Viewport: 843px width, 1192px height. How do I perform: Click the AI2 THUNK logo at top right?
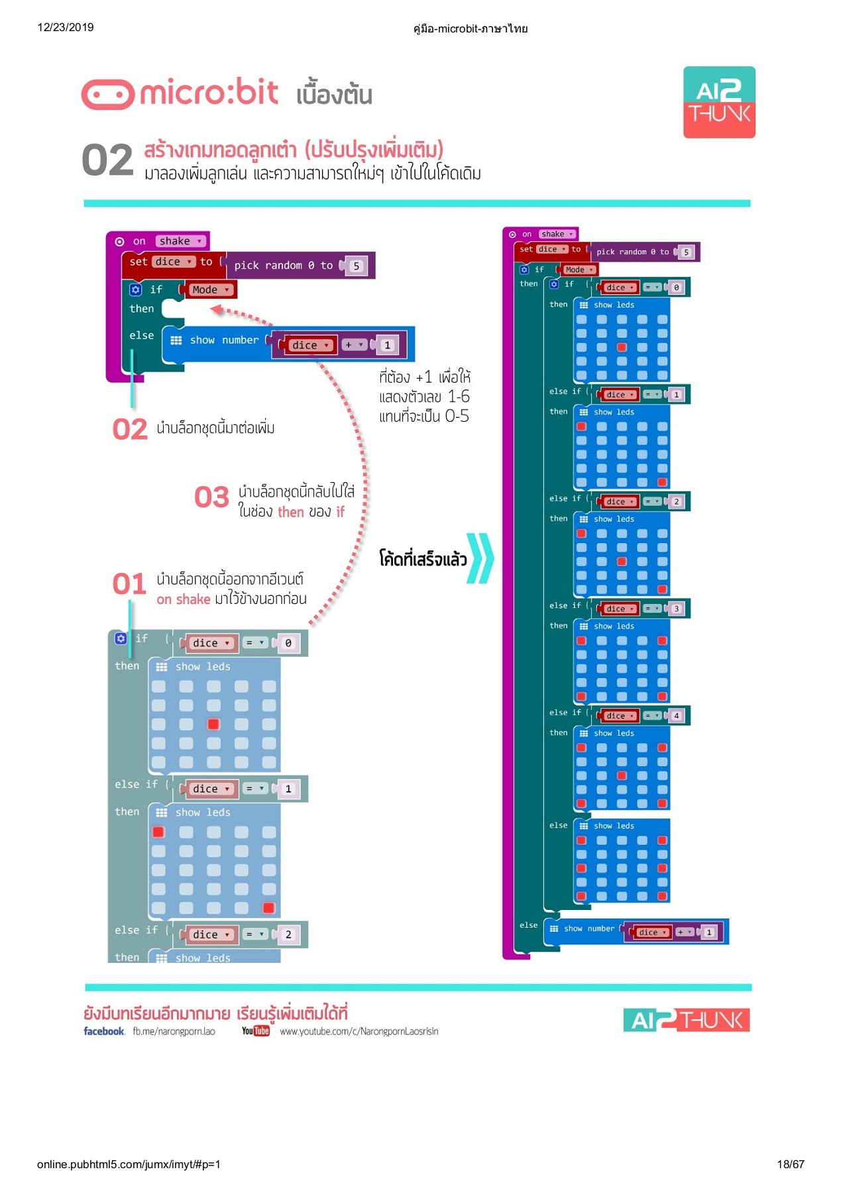[719, 102]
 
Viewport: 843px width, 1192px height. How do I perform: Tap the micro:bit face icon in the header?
[107, 95]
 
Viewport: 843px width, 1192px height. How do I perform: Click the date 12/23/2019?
[66, 27]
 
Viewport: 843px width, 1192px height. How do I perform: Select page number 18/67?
[790, 1164]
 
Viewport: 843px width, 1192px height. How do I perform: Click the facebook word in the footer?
[104, 1031]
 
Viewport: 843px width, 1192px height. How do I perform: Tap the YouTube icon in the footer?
[256, 1031]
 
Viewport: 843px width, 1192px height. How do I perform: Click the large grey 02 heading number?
[107, 161]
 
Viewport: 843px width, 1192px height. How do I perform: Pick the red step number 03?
[211, 497]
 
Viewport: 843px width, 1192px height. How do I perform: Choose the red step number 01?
[129, 584]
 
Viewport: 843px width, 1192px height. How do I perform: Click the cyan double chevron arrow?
[480, 558]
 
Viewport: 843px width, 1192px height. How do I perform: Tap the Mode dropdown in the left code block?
[210, 289]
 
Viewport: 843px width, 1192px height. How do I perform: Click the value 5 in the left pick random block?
[356, 266]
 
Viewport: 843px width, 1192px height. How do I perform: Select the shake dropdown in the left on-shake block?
[180, 241]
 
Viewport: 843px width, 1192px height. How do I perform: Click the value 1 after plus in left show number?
[388, 345]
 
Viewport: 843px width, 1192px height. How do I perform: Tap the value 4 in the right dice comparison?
[676, 716]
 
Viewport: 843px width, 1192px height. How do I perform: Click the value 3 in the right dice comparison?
[676, 609]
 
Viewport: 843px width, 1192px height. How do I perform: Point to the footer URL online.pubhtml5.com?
[129, 1164]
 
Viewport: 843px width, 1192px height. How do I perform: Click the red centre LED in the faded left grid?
[213, 724]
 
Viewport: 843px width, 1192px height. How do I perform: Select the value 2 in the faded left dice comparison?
[288, 934]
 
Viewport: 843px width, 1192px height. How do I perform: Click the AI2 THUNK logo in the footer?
[686, 1020]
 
